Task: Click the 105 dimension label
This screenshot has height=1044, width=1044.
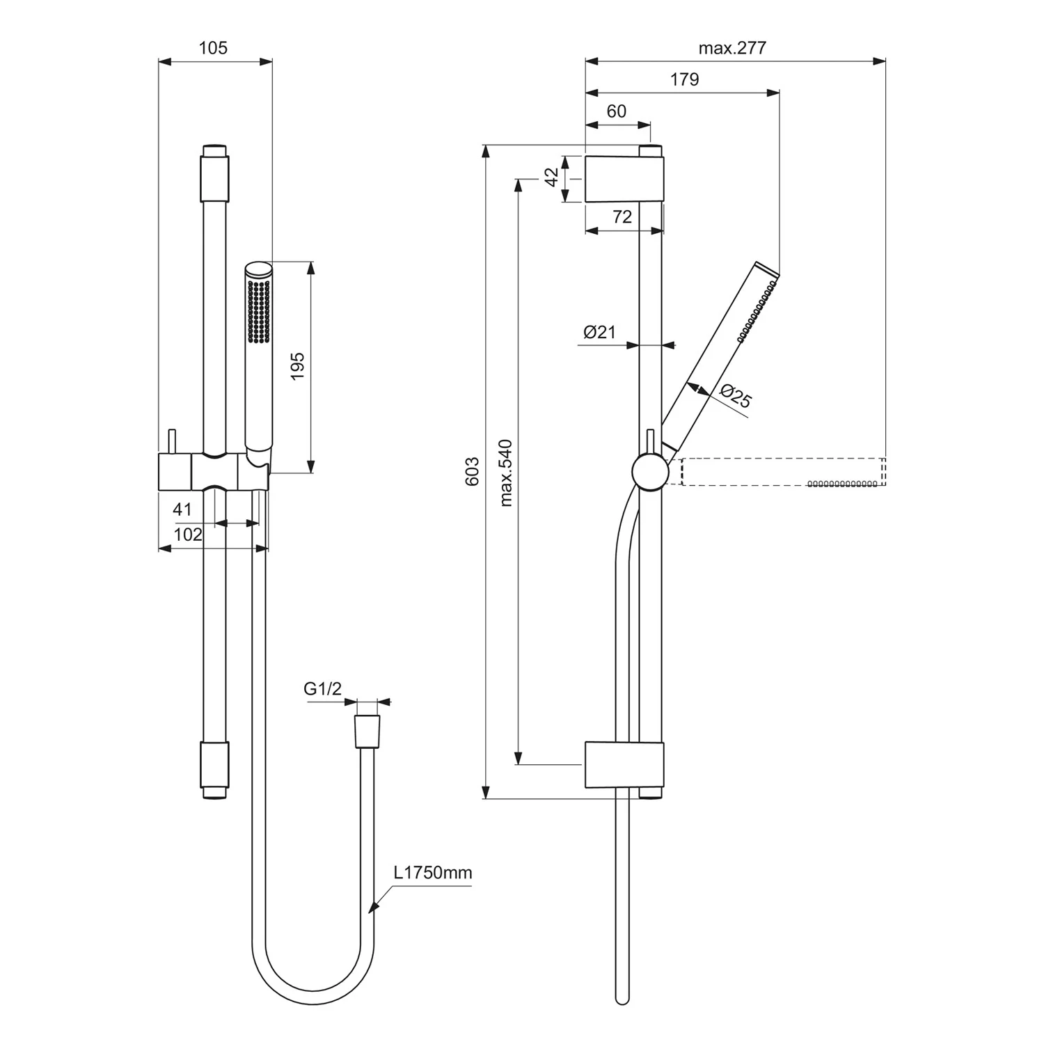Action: click(x=213, y=48)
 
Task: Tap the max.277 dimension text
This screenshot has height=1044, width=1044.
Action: click(x=732, y=48)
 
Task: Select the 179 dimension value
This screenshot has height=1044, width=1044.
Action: click(x=684, y=79)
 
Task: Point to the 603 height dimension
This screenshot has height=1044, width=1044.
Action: click(x=473, y=471)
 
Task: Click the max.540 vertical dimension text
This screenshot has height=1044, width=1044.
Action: click(x=505, y=473)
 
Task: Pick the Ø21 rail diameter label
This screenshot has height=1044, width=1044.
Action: click(x=600, y=332)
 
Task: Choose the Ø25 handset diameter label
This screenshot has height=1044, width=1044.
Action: click(x=736, y=396)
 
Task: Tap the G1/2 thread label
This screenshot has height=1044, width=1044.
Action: click(x=323, y=689)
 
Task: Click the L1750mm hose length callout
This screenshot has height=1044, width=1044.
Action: click(x=432, y=873)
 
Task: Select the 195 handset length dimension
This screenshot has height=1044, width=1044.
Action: click(x=297, y=367)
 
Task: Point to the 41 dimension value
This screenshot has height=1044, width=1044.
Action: click(x=182, y=509)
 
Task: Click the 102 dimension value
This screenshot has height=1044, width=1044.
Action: click(x=188, y=535)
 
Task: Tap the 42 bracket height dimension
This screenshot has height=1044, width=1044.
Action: click(x=551, y=177)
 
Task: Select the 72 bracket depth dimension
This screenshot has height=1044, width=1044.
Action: click(x=622, y=216)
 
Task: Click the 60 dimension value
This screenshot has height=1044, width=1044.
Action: click(x=617, y=111)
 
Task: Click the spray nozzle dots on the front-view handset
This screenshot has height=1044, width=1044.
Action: click(x=259, y=311)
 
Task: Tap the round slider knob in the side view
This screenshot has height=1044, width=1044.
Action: click(x=650, y=473)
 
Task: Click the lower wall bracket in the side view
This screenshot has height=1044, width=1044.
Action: click(x=624, y=765)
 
